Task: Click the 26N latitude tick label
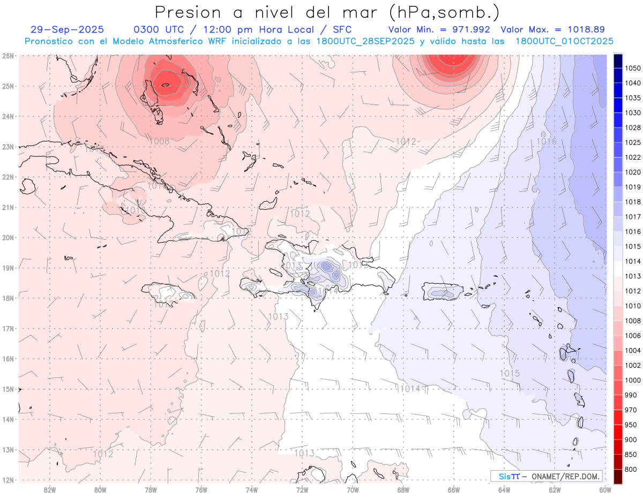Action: [8, 55]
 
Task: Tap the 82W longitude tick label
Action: [50, 489]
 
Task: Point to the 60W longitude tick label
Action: [605, 489]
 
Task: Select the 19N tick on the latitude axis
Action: [8, 268]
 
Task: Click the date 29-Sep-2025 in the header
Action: [67, 29]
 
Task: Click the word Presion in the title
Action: [187, 11]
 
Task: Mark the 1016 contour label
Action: [546, 142]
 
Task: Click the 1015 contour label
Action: [509, 373]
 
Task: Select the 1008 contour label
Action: [160, 142]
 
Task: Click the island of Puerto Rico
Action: [442, 292]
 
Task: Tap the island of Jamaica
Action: [168, 293]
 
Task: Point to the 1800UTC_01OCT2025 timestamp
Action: [564, 41]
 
